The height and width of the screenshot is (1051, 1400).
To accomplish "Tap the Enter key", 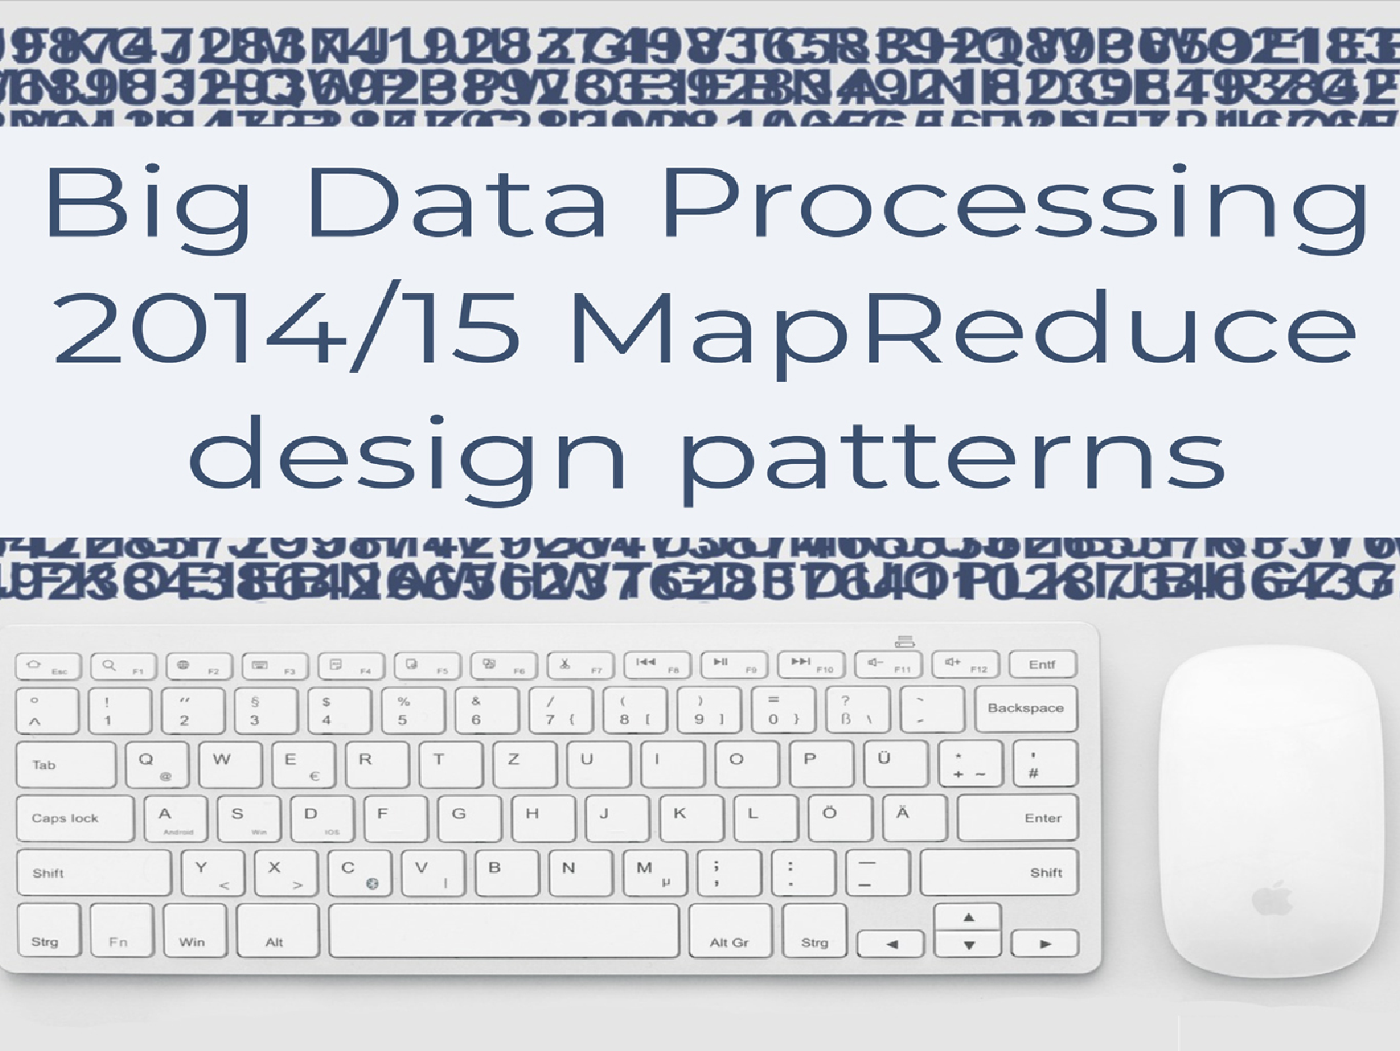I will pos(1018,818).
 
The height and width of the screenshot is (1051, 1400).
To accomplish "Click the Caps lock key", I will pos(74,818).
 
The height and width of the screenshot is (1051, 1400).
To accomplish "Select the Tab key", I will pos(66,764).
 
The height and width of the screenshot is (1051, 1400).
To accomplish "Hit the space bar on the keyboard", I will pos(504,931).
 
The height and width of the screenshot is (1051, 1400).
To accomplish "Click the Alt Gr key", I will pos(730,931).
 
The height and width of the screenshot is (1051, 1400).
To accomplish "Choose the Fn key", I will pos(121,931).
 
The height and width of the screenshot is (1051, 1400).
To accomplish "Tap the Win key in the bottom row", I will pos(194,931).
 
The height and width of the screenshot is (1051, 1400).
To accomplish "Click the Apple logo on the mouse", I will pos(1273,900).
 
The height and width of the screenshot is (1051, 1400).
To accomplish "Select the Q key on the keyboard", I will pos(156,764).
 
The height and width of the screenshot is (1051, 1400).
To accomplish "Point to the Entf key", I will pos(1042,665).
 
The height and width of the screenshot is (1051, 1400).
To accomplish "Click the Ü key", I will pos(894,763).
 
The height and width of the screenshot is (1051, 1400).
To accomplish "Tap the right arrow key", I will pos(1045,944).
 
